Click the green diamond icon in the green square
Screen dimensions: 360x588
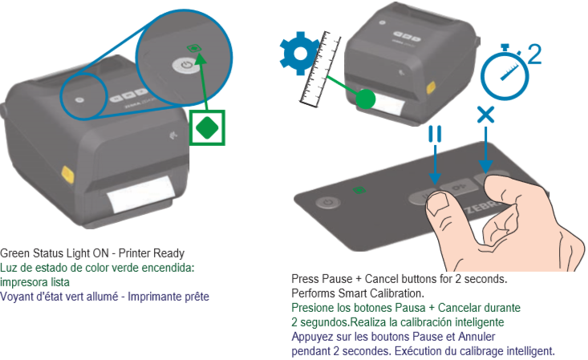pos(208,126)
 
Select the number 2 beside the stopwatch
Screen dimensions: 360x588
pos(533,54)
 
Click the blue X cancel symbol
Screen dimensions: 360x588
pos(485,115)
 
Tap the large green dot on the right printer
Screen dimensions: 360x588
pos(365,99)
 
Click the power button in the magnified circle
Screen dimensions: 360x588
pos(186,64)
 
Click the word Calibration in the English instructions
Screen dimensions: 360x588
pos(375,293)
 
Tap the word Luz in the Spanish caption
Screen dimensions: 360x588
pos(8,267)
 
